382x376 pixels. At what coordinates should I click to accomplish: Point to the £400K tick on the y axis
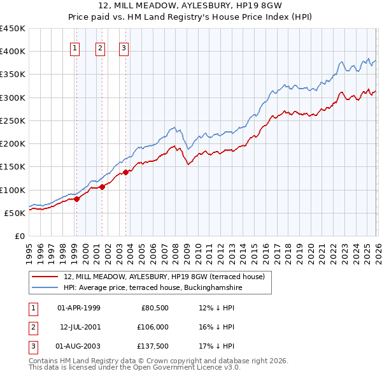click(13, 52)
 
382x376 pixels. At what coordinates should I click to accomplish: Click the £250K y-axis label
click(13, 120)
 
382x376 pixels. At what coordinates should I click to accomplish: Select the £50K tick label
click(15, 213)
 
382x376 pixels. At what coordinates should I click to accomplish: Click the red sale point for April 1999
click(76, 199)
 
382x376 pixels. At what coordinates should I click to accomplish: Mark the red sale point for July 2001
click(102, 187)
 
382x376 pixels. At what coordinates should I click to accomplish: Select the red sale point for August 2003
click(125, 172)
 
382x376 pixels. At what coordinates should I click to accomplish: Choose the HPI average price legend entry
click(153, 287)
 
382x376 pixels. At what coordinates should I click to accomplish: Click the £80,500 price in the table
click(155, 308)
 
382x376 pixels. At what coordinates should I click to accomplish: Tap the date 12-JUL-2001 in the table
click(80, 327)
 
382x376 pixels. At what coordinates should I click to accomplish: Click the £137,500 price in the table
click(153, 346)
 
